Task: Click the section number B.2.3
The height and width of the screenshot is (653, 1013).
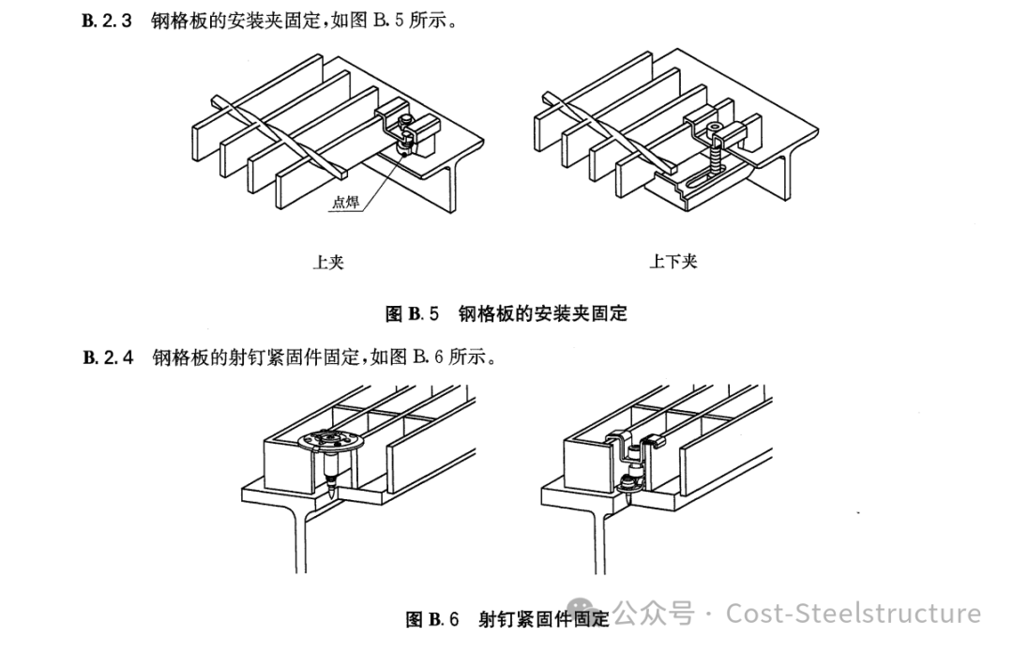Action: point(109,21)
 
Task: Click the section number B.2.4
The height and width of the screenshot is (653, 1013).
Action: point(109,357)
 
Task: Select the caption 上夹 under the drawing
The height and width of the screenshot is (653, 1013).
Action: point(327,262)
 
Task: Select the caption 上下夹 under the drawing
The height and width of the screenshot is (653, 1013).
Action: point(673,262)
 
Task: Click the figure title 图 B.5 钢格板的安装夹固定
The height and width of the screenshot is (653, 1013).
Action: point(506,313)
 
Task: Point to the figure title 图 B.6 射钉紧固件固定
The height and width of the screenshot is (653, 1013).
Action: point(506,618)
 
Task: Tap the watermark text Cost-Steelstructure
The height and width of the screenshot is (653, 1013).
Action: point(854,614)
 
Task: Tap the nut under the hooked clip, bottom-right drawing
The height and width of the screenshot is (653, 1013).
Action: point(628,484)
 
